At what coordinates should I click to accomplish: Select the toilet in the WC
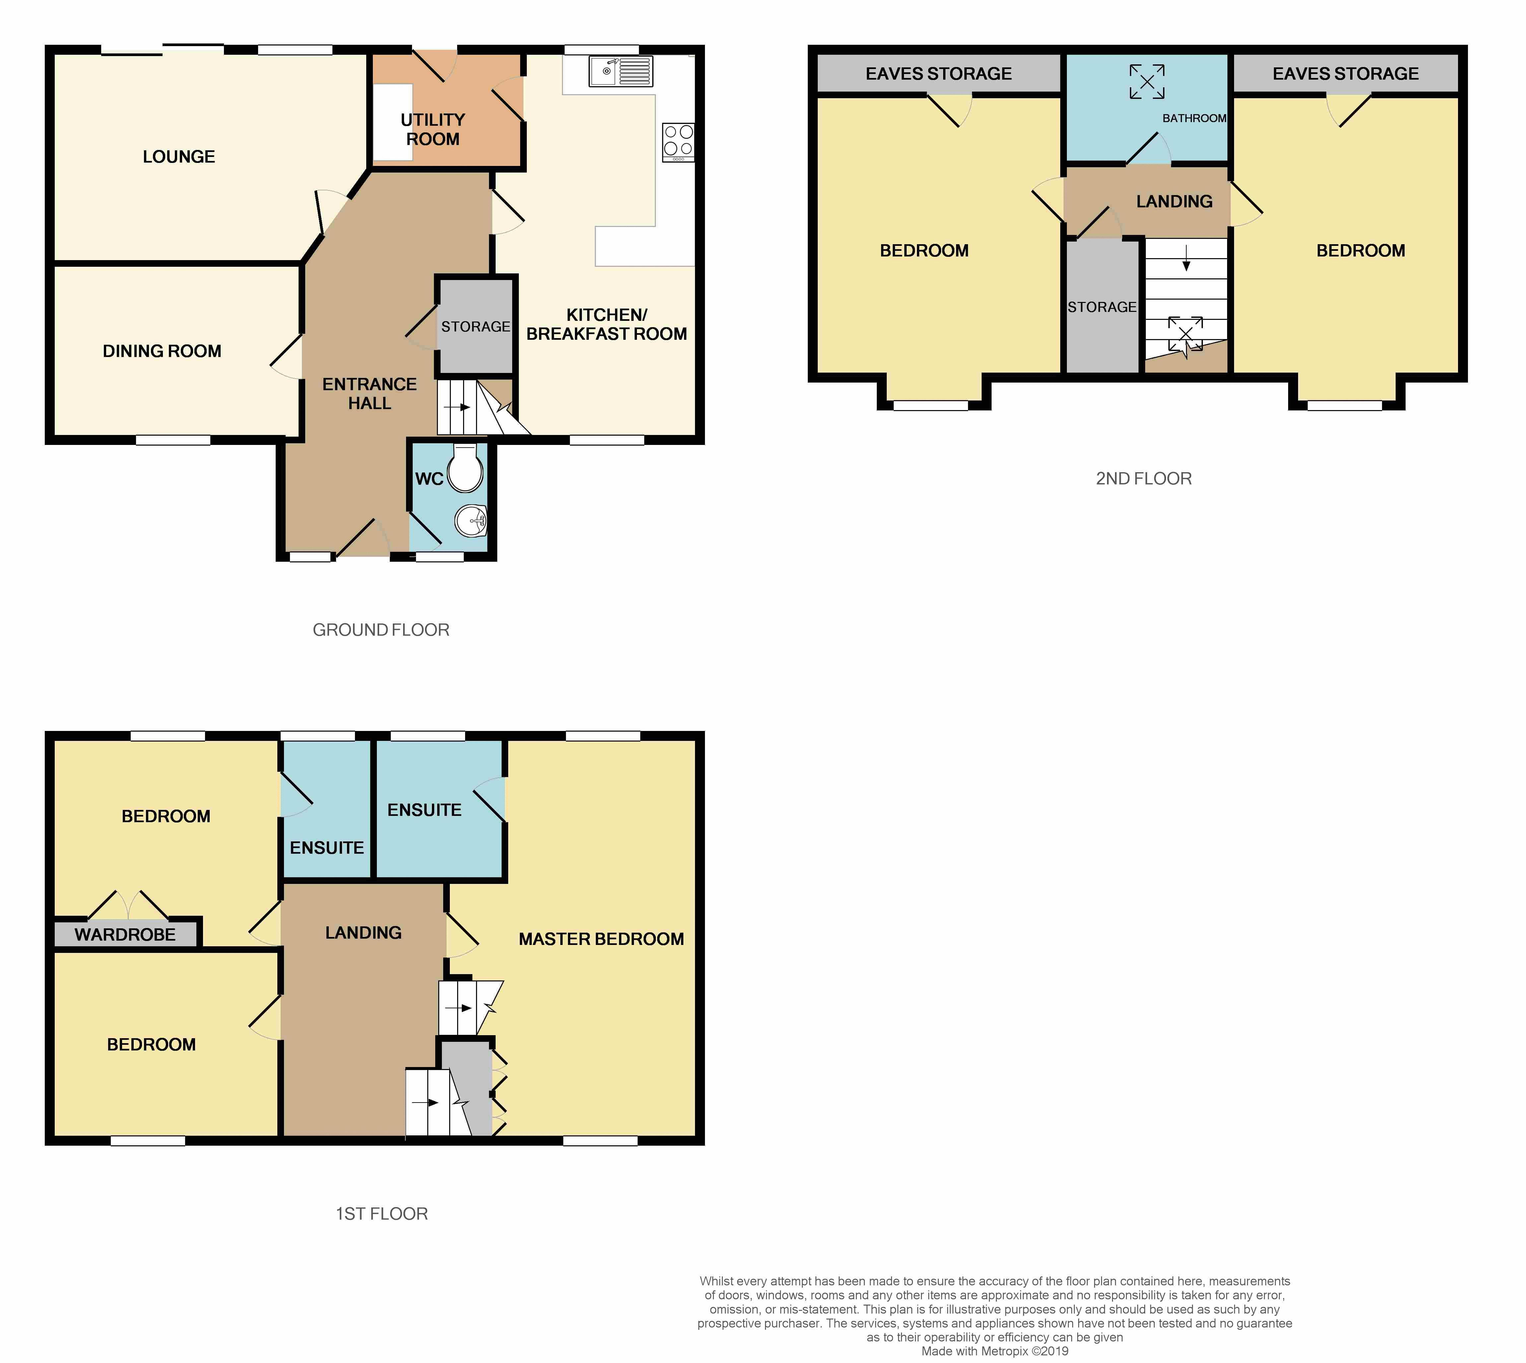click(x=465, y=469)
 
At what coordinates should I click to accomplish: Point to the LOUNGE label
click(x=179, y=157)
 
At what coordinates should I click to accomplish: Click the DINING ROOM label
click(x=162, y=351)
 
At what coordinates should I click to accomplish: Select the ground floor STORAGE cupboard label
click(x=475, y=326)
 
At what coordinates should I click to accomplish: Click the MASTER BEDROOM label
click(x=601, y=939)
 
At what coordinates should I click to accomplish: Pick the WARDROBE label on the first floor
click(x=125, y=935)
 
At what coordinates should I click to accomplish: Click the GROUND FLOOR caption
click(x=381, y=630)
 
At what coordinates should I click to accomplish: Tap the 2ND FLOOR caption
click(x=1144, y=478)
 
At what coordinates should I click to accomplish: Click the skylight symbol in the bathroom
click(x=1147, y=81)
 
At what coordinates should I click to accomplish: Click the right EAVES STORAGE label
click(x=1346, y=73)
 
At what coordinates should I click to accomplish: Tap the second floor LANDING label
click(x=1174, y=201)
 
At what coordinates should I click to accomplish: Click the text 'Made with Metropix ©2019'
click(x=994, y=1351)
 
